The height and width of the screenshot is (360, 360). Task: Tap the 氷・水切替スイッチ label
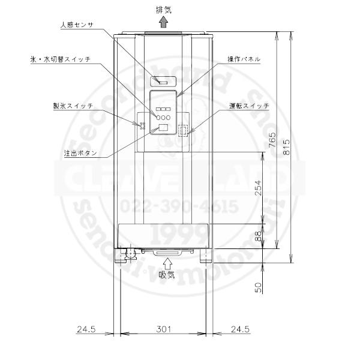pos(60,60)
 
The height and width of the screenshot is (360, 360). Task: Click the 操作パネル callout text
pos(244,60)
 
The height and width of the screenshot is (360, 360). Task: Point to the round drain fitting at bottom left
pos(130,255)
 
